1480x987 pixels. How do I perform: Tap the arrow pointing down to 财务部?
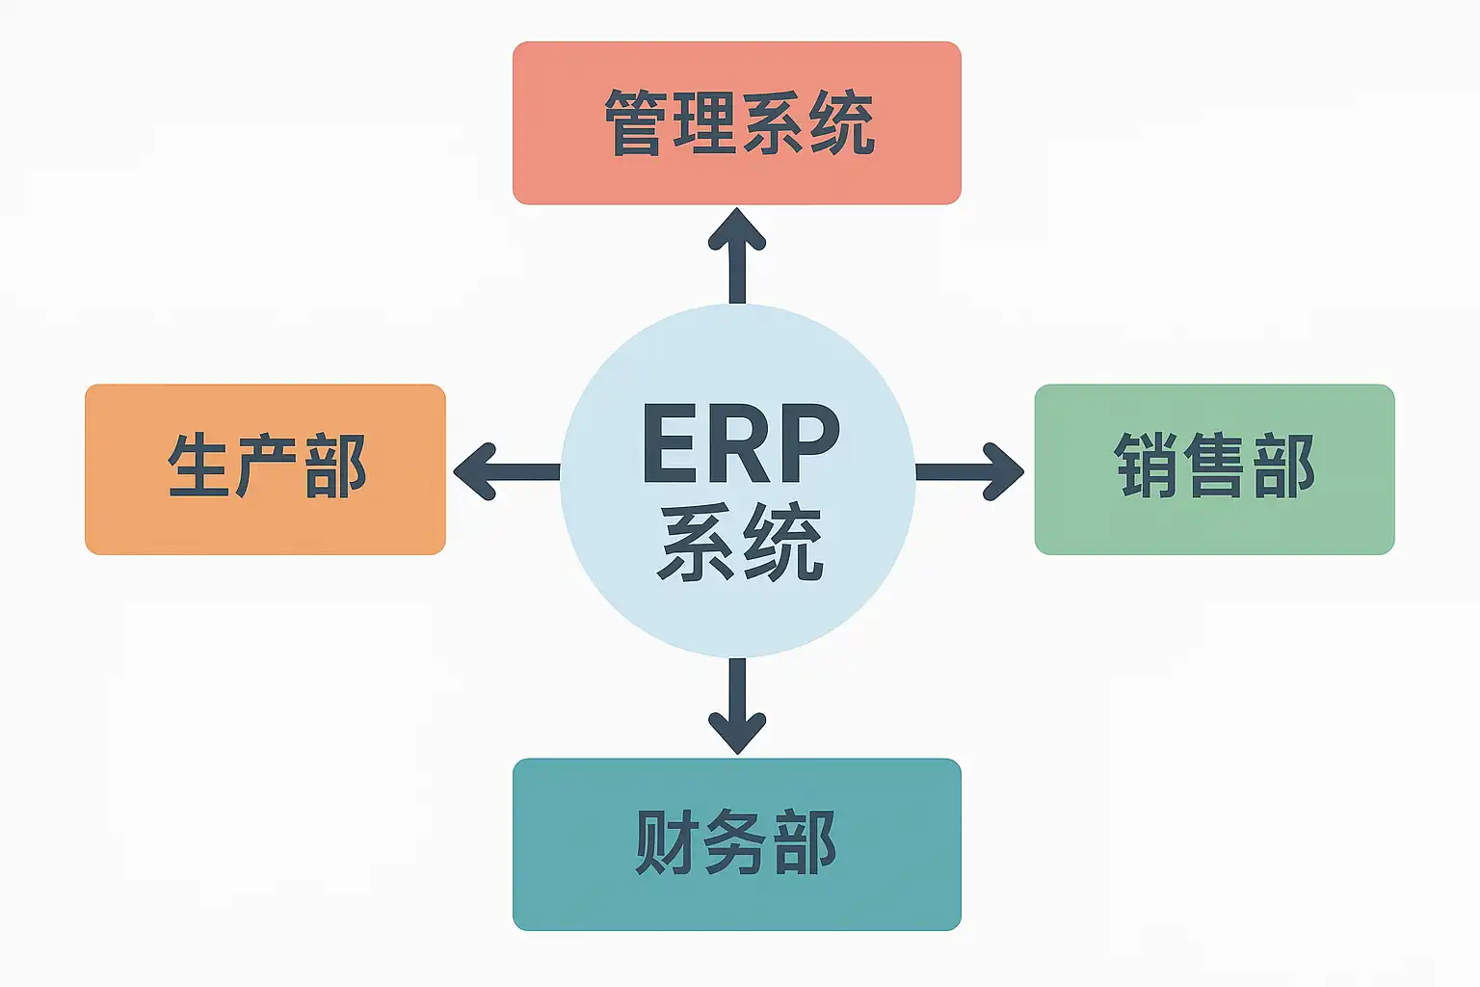[x=737, y=707]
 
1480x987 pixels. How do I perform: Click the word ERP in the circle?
[x=740, y=443]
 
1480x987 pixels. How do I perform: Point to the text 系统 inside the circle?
[x=740, y=542]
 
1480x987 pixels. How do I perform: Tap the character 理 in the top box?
[x=705, y=123]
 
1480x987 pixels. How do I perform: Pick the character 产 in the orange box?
[x=267, y=467]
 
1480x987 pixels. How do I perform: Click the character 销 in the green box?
[x=1147, y=467]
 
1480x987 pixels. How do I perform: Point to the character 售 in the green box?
[x=1215, y=467]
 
